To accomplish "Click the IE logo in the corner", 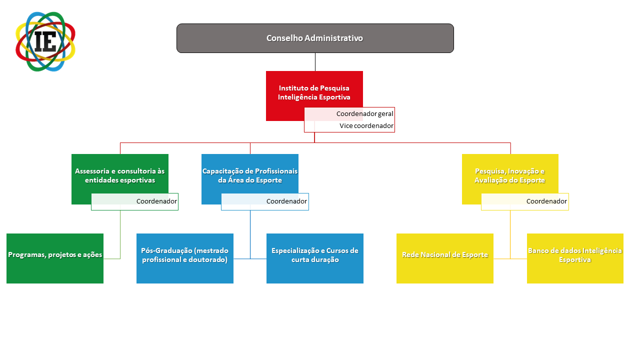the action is tap(45, 41).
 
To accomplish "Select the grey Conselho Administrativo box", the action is tap(315, 38).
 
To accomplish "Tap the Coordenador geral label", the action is tap(364, 113).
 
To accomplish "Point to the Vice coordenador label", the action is tap(366, 125).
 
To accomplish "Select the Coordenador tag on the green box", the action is tap(156, 201).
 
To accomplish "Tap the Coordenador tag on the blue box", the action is tap(286, 201).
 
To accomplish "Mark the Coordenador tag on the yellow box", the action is tap(546, 201).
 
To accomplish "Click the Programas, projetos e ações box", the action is tap(55, 258).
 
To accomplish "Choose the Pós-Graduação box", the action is tap(185, 258).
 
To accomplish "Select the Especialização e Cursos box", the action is tap(315, 258).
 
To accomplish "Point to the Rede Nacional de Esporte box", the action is tap(445, 258).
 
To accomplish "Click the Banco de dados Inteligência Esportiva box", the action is tap(575, 258).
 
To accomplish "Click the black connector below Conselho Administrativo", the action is tap(315, 62).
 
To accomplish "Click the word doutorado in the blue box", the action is tap(209, 259).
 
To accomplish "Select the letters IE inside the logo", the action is tap(45, 41).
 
